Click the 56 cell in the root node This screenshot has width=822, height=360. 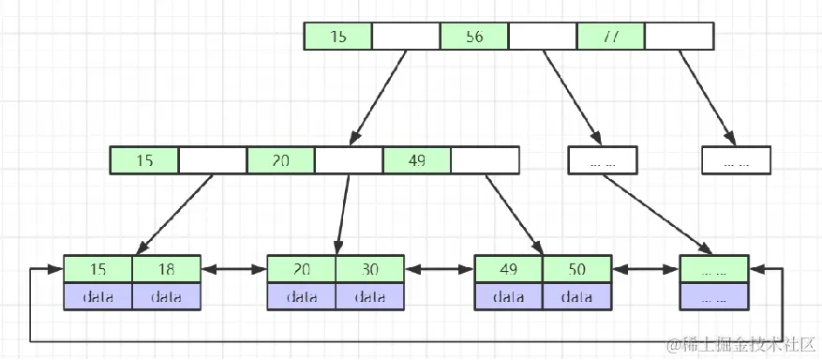click(x=474, y=37)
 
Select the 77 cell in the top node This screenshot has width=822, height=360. click(x=611, y=37)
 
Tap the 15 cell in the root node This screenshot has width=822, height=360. click(x=338, y=37)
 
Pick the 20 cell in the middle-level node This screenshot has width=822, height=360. click(x=280, y=160)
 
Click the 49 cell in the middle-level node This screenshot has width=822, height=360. click(x=416, y=160)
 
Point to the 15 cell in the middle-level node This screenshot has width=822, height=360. click(x=144, y=160)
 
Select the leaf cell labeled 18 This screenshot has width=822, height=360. click(x=166, y=269)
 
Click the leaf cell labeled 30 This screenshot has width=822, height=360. click(x=369, y=269)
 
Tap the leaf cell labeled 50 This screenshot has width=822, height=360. click(x=576, y=269)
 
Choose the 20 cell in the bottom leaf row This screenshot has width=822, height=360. click(x=301, y=269)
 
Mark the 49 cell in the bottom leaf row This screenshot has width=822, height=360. click(x=508, y=269)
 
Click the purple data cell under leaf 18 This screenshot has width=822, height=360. click(x=166, y=296)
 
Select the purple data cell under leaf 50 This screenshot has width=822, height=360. click(x=576, y=296)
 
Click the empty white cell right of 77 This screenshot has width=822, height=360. click(x=680, y=37)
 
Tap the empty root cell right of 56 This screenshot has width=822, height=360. click(x=543, y=37)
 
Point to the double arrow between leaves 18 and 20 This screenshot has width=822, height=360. click(x=233, y=270)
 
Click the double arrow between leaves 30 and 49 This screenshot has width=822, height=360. click(x=439, y=270)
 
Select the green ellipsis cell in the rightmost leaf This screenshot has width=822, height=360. click(x=714, y=269)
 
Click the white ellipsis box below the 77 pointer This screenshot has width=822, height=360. click(x=736, y=160)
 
